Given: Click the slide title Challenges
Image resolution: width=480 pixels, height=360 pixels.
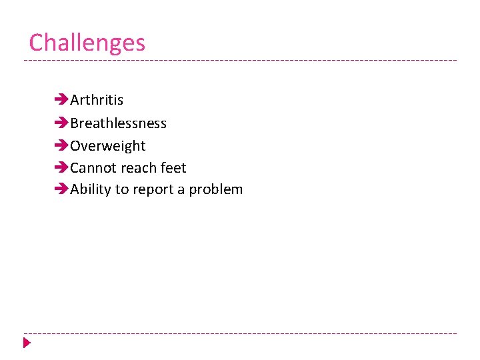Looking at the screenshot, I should (87, 43).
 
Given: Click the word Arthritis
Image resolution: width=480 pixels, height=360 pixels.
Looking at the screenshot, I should (97, 100).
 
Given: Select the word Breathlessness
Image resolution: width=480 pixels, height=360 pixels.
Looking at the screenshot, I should (118, 123).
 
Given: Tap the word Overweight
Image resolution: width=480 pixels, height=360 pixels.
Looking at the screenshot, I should (107, 146).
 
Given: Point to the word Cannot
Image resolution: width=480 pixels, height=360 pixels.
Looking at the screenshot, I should (90, 168).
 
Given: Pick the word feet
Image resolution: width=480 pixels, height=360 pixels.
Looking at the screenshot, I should (173, 168).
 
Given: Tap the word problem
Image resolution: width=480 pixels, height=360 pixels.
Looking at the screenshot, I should (216, 190).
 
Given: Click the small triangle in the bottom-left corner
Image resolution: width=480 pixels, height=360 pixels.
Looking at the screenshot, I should (27, 343).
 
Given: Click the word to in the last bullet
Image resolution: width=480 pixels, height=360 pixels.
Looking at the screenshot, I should (122, 190).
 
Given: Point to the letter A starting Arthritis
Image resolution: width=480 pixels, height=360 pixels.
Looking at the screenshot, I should (75, 100).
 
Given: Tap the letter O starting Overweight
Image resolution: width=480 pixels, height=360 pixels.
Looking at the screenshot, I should (76, 146).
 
